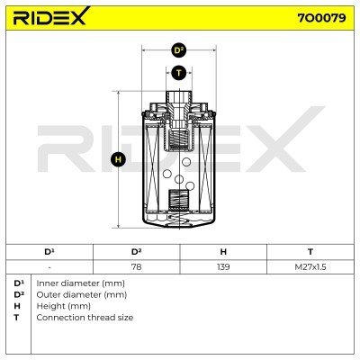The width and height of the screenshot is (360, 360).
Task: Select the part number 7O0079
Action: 321,18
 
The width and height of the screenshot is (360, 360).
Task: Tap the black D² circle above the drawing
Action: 179,50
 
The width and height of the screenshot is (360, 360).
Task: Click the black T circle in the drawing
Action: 179,73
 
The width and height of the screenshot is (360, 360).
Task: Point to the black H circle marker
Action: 118,159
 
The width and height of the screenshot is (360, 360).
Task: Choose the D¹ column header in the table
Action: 49,252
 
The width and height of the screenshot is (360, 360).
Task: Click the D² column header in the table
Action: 137,252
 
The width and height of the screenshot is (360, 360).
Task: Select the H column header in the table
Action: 223,252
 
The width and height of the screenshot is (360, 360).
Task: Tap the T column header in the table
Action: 310,252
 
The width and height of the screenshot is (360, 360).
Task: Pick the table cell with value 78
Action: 137,266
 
